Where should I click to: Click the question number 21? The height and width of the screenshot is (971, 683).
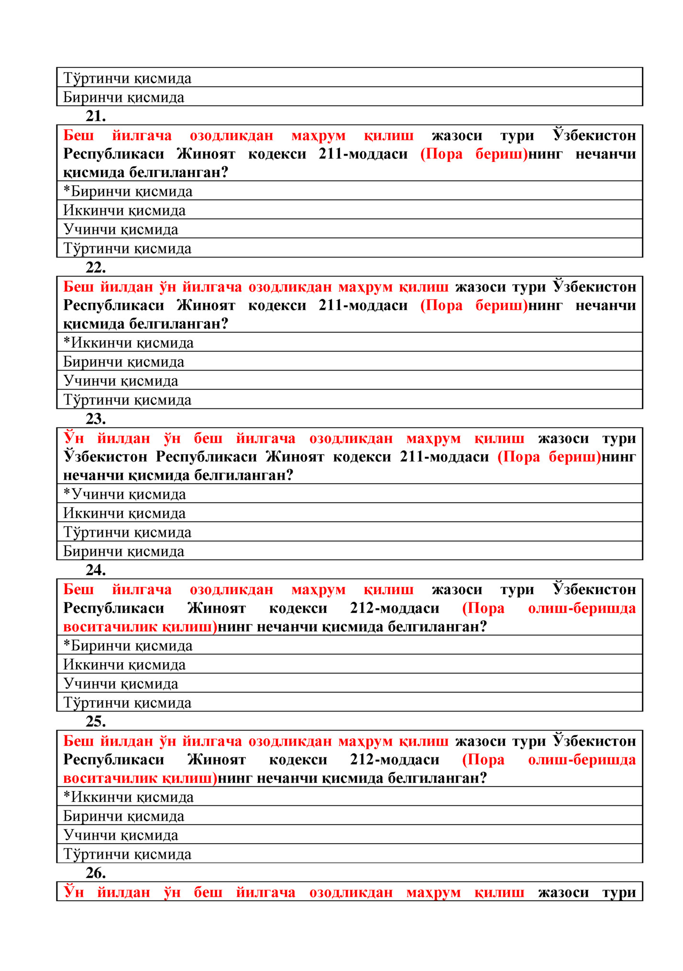coord(96,116)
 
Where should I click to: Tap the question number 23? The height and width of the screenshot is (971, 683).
coord(96,419)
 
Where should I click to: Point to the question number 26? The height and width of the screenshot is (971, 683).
coord(96,873)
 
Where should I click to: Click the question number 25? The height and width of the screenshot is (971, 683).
coord(96,722)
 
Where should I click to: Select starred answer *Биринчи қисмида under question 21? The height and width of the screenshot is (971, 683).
coord(128,192)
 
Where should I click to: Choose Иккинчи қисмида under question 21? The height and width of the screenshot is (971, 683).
coord(124,211)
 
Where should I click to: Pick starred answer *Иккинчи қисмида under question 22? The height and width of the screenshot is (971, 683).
coord(129,343)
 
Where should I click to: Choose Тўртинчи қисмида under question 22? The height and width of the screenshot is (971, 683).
coord(127,400)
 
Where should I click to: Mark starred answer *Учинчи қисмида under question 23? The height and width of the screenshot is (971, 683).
coord(125,494)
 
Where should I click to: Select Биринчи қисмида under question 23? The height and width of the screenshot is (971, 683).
coord(124,552)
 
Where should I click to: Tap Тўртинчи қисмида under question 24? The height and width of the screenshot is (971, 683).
coord(127,703)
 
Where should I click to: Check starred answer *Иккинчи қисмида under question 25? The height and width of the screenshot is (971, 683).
coord(129,797)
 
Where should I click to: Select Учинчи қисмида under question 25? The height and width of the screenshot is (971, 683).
coord(121,835)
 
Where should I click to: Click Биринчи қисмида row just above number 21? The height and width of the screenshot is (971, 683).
coord(124,98)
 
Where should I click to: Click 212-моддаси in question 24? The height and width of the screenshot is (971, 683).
coord(395,608)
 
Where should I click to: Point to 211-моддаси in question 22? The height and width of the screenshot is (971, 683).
coord(363,305)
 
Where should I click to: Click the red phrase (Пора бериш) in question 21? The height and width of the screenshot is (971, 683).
coord(474,154)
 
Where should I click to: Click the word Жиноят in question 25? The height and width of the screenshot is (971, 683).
coord(216,759)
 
